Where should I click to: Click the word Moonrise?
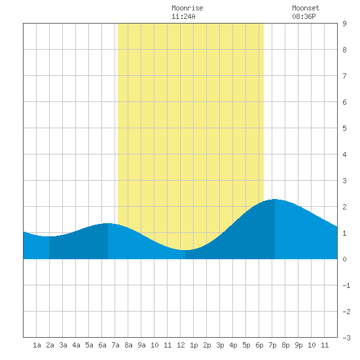(x=187, y=8)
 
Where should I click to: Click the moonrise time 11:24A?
(x=183, y=16)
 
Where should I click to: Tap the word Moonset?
(x=306, y=8)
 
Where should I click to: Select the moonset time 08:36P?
(x=304, y=16)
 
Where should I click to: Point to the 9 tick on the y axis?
(x=344, y=24)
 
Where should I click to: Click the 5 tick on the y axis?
(x=344, y=128)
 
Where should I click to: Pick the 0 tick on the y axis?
(x=344, y=259)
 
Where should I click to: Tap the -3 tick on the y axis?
(x=346, y=338)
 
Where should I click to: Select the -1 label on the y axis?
(x=346, y=285)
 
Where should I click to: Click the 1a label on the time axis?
(x=37, y=345)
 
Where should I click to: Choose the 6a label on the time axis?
(x=102, y=345)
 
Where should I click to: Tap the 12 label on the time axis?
(x=181, y=345)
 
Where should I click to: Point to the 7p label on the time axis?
(x=272, y=345)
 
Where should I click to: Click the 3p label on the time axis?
(x=220, y=345)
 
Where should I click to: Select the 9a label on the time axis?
(x=141, y=345)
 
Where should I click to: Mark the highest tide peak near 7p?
(x=275, y=199)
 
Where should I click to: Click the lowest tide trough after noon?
(x=185, y=250)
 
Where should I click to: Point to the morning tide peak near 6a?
(x=108, y=223)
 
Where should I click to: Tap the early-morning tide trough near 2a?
(x=49, y=236)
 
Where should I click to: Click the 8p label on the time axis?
(x=285, y=345)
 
